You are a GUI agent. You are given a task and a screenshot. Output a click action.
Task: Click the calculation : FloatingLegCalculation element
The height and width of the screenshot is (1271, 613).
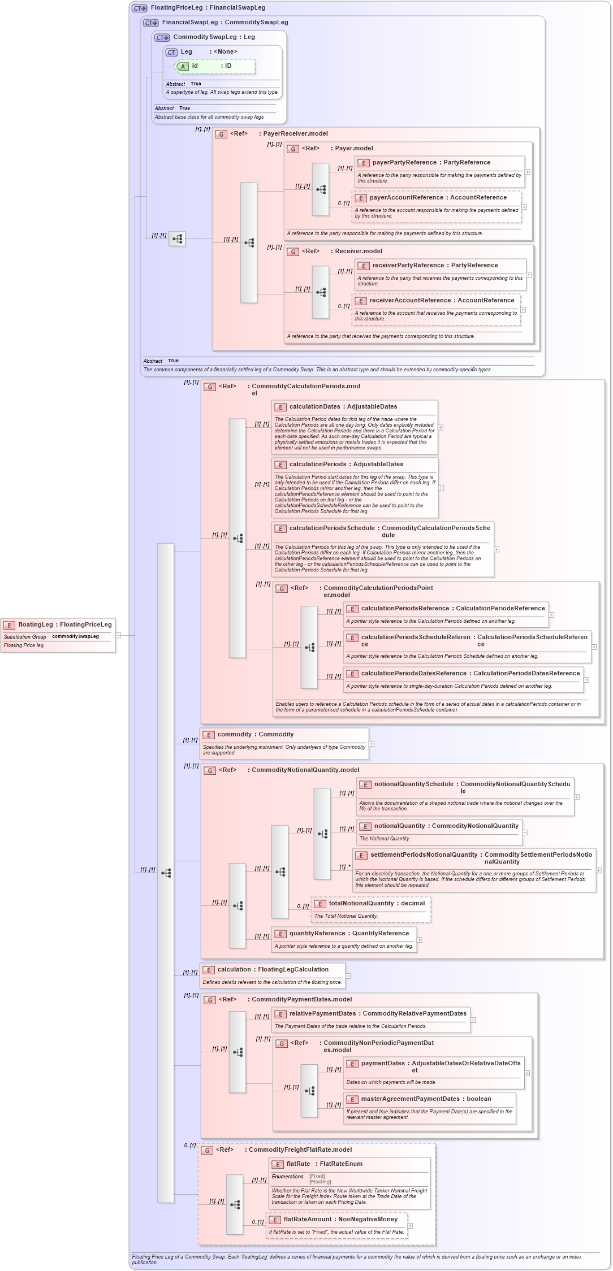pyautogui.click(x=273, y=970)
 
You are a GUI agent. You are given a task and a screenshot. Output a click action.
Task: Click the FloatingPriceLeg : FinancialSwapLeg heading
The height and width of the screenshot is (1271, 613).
pyautogui.click(x=208, y=8)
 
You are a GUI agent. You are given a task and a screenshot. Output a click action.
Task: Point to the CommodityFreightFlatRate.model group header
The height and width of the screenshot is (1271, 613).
pyautogui.click(x=300, y=1149)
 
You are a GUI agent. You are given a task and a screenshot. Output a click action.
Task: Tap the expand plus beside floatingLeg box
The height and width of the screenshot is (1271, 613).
pyautogui.click(x=118, y=635)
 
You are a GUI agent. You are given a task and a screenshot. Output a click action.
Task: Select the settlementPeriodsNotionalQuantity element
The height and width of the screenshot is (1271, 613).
pyautogui.click(x=481, y=856)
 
